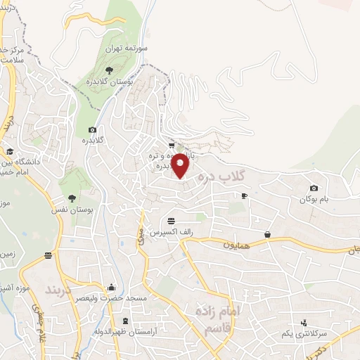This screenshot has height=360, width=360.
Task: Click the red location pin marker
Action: pos(181,165)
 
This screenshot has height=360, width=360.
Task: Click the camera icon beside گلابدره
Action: pos(92,129)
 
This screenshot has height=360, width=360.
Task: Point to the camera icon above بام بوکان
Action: pos(314,188)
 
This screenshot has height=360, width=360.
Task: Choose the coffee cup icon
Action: pos(244,196)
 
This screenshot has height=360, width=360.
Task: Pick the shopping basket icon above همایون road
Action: pos(268,235)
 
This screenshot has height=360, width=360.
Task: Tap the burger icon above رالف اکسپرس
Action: pos(172,220)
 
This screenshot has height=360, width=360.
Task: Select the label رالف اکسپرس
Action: pos(172,231)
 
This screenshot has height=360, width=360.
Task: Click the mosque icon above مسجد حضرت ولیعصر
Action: pos(110,287)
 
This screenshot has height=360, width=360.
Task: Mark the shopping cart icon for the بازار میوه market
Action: pos(172,146)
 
